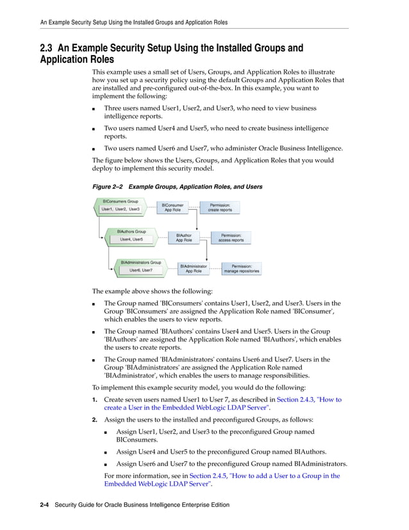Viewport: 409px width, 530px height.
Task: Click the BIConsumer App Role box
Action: point(172,207)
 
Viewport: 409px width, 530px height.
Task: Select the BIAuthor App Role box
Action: point(183,237)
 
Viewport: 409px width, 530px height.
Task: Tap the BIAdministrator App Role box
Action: point(194,268)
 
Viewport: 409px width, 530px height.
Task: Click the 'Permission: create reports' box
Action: point(220,207)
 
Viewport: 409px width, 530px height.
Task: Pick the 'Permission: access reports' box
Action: point(231,237)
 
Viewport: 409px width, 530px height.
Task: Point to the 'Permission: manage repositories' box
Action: point(241,268)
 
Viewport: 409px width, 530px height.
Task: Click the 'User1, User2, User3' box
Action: point(121,209)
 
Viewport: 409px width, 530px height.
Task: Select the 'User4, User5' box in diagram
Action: point(131,239)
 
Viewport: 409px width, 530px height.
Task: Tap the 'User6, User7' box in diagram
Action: point(141,270)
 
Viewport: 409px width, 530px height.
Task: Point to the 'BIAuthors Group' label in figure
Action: point(131,231)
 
